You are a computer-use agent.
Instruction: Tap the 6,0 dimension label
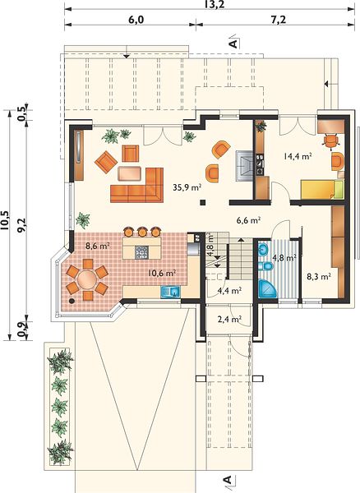(136, 20)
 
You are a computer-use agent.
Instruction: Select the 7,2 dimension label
(278, 20)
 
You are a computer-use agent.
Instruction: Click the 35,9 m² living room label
(187, 187)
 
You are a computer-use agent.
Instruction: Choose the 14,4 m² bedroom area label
(298, 156)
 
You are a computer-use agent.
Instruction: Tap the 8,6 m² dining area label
(98, 246)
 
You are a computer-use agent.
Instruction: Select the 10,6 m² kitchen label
(162, 273)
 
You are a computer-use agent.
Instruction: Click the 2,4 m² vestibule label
(229, 320)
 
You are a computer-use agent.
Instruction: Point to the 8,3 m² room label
(319, 277)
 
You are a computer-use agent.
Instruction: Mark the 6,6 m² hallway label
(248, 220)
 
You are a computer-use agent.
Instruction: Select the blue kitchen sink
(170, 292)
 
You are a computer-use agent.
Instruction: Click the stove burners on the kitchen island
(141, 252)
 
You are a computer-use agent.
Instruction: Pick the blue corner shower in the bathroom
(267, 288)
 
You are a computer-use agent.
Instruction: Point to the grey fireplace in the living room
(244, 166)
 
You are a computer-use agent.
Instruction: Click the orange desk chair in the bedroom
(331, 140)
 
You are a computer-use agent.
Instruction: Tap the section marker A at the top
(233, 44)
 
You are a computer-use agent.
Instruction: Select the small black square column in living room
(204, 202)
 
